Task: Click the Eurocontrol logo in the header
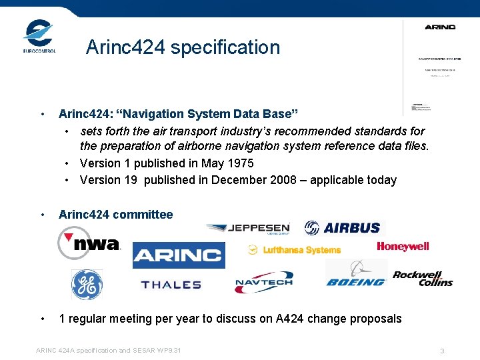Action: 39,37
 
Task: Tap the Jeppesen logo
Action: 248,229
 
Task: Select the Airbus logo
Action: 343,228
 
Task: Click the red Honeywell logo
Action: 403,247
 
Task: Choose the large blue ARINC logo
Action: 179,255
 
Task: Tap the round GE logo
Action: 87,285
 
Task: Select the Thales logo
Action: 171,285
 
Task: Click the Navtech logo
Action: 263,283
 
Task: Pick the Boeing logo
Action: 356,274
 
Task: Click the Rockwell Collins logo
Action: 423,279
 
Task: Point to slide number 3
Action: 442,351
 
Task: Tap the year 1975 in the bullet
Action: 240,163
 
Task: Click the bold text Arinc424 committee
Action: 115,215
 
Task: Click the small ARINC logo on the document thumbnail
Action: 440,27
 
